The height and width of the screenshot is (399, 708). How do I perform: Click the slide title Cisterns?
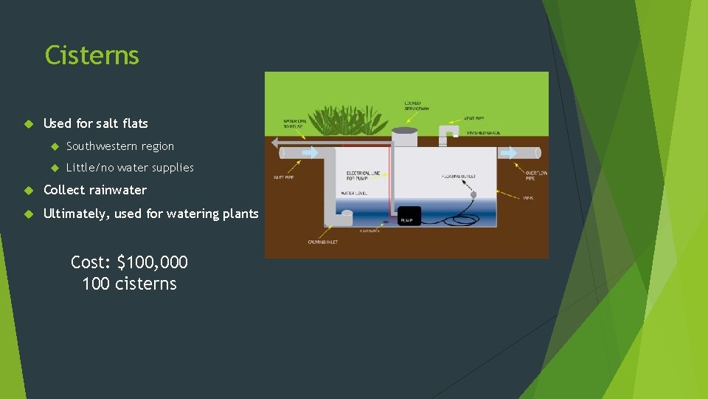(91, 55)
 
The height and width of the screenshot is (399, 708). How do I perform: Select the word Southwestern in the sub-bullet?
(101, 146)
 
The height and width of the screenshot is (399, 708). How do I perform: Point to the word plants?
(240, 214)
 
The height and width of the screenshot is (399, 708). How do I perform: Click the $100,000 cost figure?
(152, 262)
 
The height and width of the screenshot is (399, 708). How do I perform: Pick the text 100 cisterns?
(129, 284)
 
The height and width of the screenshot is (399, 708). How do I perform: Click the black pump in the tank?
(409, 216)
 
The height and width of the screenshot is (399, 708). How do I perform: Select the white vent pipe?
(447, 134)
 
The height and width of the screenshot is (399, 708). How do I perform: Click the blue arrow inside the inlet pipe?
(309, 153)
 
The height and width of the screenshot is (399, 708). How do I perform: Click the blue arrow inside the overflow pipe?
(508, 152)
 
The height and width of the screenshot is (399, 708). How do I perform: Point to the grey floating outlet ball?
(474, 194)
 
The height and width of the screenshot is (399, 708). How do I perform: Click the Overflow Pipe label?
(536, 176)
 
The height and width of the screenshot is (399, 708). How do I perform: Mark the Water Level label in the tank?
(354, 193)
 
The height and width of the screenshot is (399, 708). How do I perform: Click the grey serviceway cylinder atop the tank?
(404, 137)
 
